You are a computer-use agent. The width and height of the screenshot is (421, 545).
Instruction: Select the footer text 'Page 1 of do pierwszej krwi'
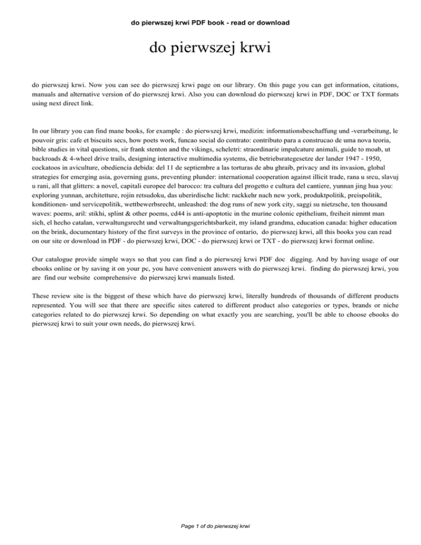click(210, 526)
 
